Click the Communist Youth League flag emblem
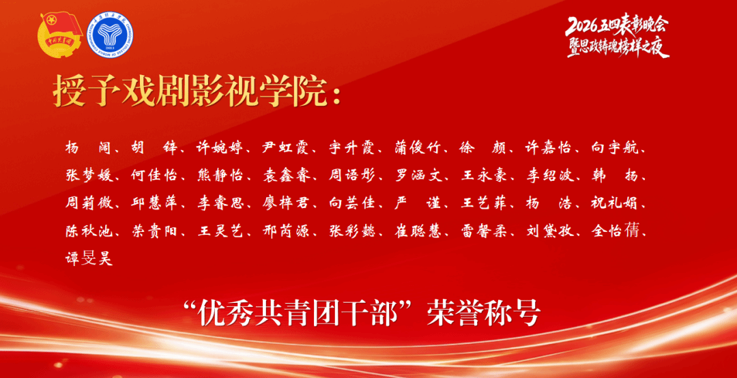click(x=59, y=35)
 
